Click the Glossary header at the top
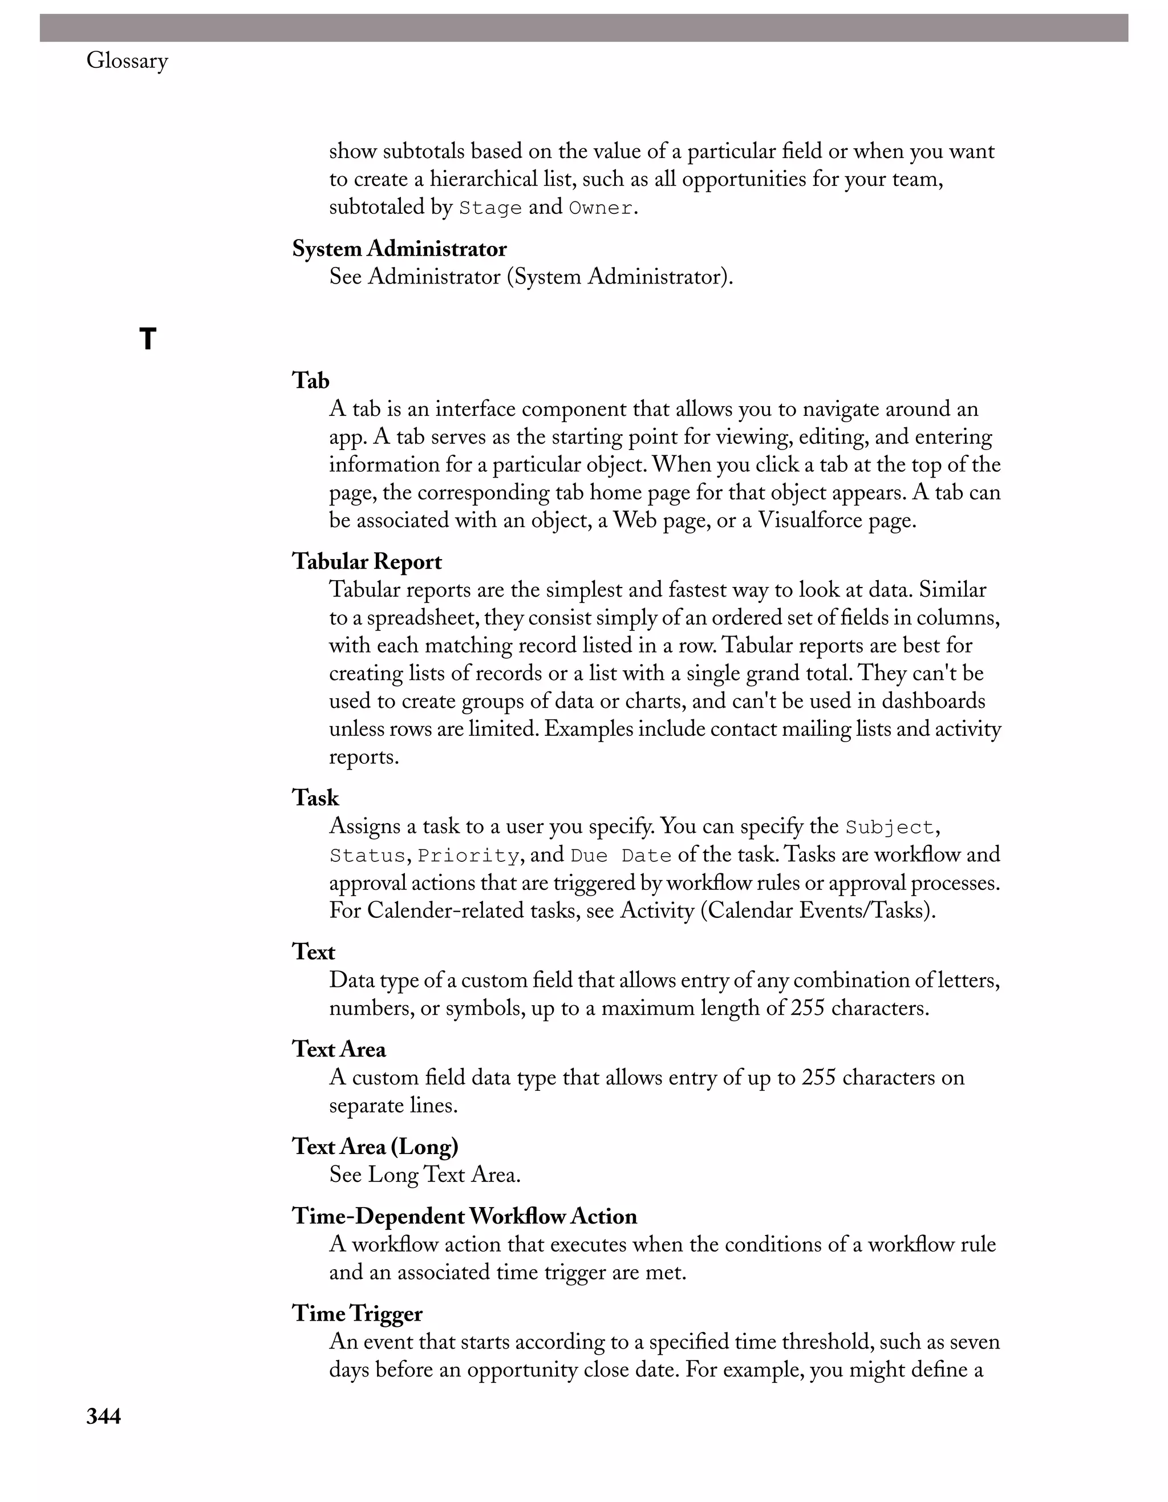pyautogui.click(x=127, y=61)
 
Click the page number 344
pyautogui.click(x=104, y=1416)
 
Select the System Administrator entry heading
pyautogui.click(x=399, y=249)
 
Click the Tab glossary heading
pyautogui.click(x=311, y=380)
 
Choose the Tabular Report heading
pyautogui.click(x=366, y=561)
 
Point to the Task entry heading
pyautogui.click(x=315, y=797)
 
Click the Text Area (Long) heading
pyautogui.click(x=375, y=1147)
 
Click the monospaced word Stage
pyautogui.click(x=490, y=208)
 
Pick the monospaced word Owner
pyautogui.click(x=600, y=208)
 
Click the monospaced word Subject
pyautogui.click(x=889, y=827)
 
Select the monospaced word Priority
pyautogui.click(x=468, y=856)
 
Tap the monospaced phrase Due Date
pyautogui.click(x=620, y=856)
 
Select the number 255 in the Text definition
pyautogui.click(x=806, y=1008)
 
